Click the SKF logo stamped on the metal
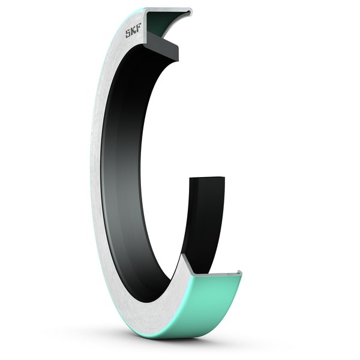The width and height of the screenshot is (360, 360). click(134, 32)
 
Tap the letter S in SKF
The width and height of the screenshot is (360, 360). click(128, 34)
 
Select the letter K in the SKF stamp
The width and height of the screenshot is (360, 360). click(134, 32)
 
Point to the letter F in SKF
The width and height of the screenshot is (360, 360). click(140, 31)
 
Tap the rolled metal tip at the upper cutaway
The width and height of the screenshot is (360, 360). click(188, 12)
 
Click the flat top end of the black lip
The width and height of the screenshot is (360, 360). click(207, 179)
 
